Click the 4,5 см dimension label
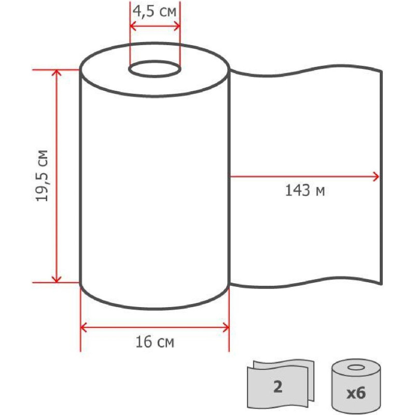[154, 11]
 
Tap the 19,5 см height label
[42, 176]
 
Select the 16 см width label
[155, 341]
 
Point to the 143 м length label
[305, 190]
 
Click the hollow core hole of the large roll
[155, 70]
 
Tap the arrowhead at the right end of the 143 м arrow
[376, 176]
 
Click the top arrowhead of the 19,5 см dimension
[57, 73]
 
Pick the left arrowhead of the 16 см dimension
[84, 328]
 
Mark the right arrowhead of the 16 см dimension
[226, 328]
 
